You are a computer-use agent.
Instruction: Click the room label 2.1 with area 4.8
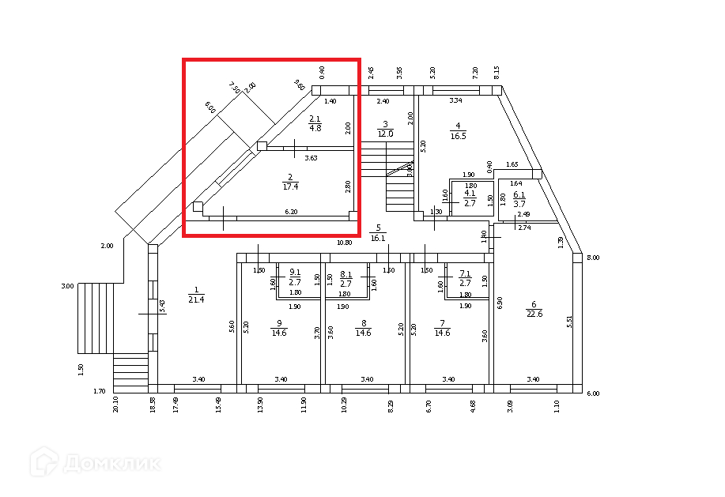(x=315, y=122)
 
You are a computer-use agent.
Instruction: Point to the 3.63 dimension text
(x=312, y=158)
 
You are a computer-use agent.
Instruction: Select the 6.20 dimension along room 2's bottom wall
(x=292, y=212)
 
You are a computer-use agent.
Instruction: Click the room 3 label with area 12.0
(x=385, y=129)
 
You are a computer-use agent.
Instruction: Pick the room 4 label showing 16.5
(x=458, y=130)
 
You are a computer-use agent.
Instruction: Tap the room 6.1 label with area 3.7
(x=519, y=199)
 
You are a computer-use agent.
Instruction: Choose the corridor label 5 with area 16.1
(x=377, y=232)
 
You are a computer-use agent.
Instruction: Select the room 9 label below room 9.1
(x=278, y=327)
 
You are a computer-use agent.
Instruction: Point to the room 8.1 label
(x=346, y=278)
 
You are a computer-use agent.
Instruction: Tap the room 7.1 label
(x=465, y=278)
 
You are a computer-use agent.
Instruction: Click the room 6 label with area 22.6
(x=534, y=309)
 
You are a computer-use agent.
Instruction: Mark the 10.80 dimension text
(x=344, y=243)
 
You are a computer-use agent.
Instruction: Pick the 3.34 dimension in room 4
(x=455, y=101)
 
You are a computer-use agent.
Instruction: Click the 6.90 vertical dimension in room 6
(x=500, y=303)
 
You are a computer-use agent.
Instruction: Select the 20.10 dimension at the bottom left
(x=116, y=405)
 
